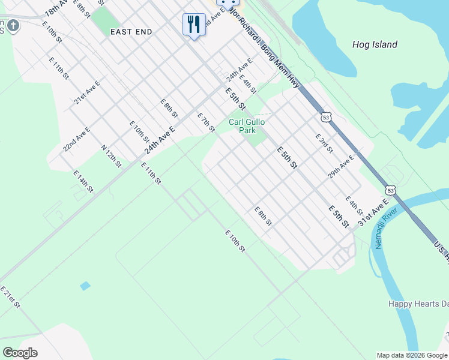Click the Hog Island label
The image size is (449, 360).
click(x=375, y=44)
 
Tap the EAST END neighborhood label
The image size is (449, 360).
click(x=131, y=32)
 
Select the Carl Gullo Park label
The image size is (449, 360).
click(x=247, y=126)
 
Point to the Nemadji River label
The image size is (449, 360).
click(x=387, y=228)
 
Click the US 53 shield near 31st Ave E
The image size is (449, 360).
click(x=391, y=190)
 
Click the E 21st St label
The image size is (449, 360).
click(x=10, y=297)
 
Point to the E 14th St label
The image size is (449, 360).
click(x=83, y=181)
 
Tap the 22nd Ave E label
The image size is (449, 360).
click(x=77, y=139)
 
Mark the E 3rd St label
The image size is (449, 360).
click(x=324, y=143)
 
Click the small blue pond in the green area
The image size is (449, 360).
click(x=85, y=286)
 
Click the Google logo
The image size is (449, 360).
click(x=20, y=353)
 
